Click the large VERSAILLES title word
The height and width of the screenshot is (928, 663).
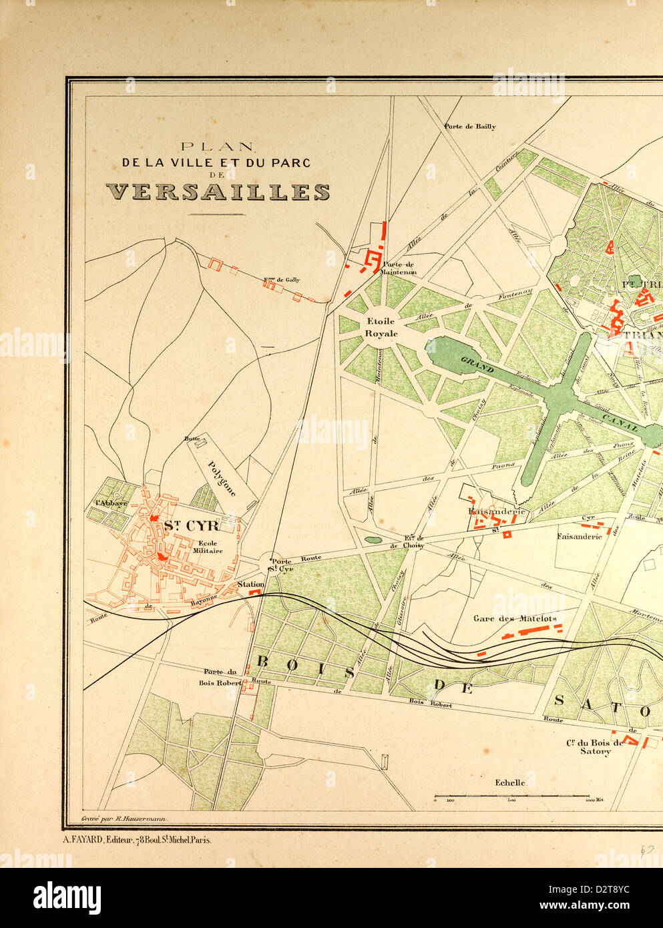coord(218,192)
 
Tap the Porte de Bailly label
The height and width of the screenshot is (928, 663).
coord(470,126)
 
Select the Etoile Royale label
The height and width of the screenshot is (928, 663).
coord(381,327)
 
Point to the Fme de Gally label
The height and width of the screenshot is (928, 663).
coord(282,280)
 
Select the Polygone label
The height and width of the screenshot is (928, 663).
coord(222,478)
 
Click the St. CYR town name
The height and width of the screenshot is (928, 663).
coord(191,526)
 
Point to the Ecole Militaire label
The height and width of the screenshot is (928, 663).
coord(208,547)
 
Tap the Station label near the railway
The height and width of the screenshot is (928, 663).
coord(251,584)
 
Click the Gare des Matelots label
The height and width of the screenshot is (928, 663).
coord(515,618)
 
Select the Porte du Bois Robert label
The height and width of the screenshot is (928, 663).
coord(220,678)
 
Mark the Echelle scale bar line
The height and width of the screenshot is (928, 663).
coord(511,796)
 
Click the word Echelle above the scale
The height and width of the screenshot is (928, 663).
coord(510,782)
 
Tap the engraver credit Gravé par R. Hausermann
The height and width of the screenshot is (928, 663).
coord(124,818)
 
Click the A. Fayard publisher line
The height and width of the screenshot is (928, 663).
coord(137,840)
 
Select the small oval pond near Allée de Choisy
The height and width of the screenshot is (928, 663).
coord(373,539)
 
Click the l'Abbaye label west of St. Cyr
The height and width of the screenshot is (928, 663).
coord(111,503)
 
